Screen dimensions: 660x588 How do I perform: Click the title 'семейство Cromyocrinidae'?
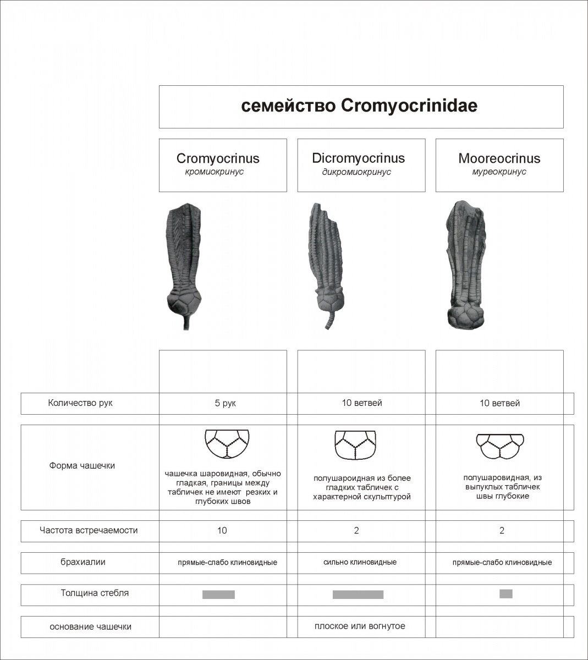coord(359,106)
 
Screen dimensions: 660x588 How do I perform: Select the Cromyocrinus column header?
coord(218,158)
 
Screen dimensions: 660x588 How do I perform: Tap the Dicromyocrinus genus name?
coord(358,158)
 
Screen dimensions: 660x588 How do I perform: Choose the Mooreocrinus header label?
coord(499,158)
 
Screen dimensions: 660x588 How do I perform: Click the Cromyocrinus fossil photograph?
coord(184,258)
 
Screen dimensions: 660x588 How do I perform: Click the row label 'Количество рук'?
coord(80,403)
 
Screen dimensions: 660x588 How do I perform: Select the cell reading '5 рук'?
coord(225,403)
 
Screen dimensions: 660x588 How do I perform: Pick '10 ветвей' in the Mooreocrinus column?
coord(499,403)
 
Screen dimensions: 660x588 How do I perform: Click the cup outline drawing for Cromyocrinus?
coord(227,443)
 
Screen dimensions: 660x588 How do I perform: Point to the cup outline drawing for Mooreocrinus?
coord(499,446)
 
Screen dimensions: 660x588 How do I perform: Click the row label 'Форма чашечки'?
coord(82,465)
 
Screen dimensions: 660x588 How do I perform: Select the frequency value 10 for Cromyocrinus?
coord(222,531)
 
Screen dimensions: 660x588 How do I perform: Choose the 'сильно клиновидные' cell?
coord(360,562)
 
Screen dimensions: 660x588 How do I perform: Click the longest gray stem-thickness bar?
coord(358,595)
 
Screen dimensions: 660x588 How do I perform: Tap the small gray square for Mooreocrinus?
coord(506,593)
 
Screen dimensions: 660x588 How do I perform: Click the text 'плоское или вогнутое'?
coord(360,626)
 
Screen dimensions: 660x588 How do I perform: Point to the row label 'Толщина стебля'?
coord(95,593)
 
